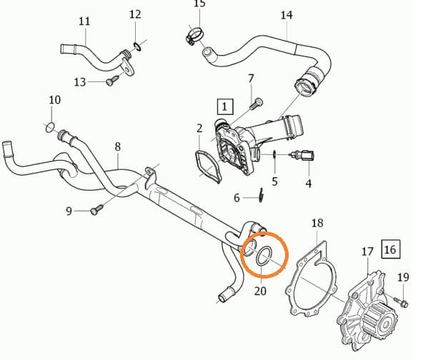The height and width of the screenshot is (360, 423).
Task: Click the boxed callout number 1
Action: pos(225,107)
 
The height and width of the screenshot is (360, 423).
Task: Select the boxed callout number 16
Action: pos(391,249)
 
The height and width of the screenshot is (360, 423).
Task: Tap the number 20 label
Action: pos(260,291)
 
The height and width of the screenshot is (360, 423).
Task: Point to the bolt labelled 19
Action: pos(401,302)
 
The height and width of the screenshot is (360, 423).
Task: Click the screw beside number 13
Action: pos(112,81)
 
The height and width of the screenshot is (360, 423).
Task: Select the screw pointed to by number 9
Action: pos(97,209)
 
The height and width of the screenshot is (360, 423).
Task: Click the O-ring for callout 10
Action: pos(50,128)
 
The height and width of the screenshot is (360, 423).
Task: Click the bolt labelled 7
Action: pos(257,104)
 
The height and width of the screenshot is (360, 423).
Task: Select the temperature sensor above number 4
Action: pos(302,155)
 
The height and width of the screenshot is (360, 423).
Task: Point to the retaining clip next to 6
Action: pos(261,195)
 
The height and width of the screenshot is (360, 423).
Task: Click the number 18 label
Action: pos(317,224)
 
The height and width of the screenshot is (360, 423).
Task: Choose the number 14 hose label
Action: pos(287,16)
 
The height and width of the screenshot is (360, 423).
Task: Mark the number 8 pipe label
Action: pos(118,147)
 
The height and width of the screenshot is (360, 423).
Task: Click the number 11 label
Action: pos(84,21)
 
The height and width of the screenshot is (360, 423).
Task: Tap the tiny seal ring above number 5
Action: pos(274,154)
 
